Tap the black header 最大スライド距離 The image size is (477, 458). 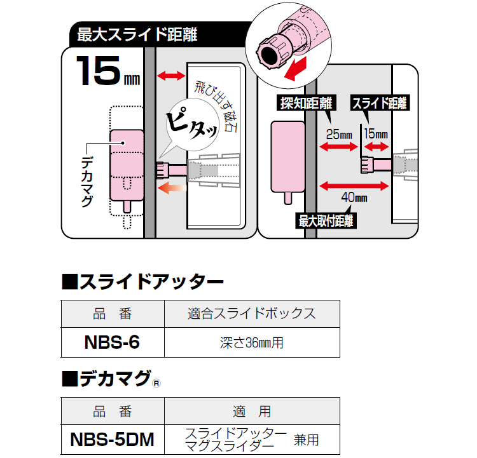click(x=137, y=35)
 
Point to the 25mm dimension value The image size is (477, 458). click(x=338, y=135)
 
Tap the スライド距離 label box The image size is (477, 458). click(x=380, y=104)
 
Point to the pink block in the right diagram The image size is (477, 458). click(x=288, y=158)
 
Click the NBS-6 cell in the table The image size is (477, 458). click(x=112, y=342)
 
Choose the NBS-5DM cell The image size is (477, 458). click(x=112, y=438)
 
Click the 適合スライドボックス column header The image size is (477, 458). click(x=251, y=314)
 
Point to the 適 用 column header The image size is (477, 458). click(x=251, y=411)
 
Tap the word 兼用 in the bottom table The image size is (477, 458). click(x=306, y=438)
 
